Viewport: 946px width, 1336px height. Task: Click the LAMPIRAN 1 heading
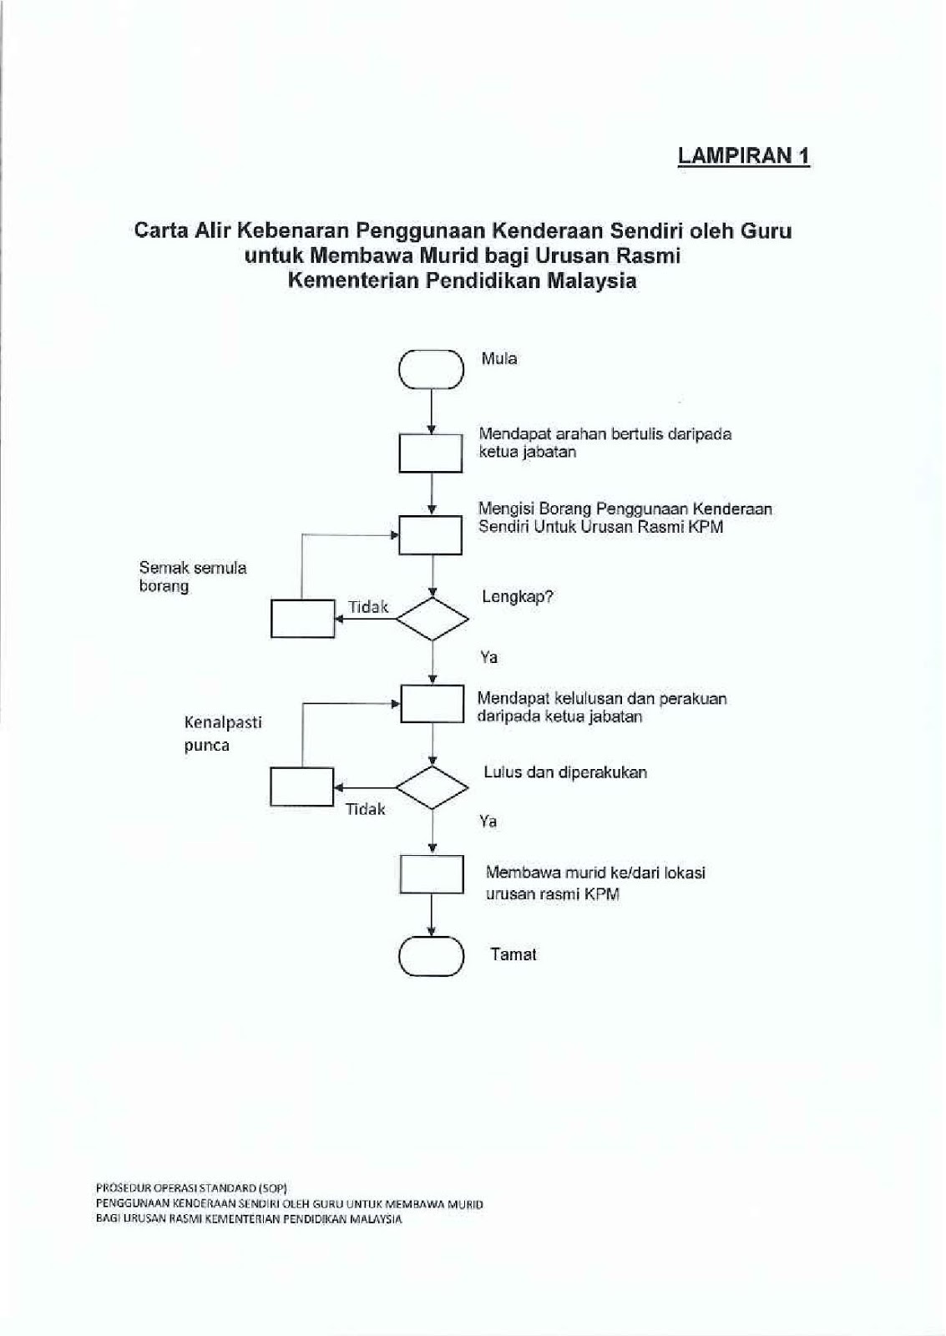[x=743, y=155]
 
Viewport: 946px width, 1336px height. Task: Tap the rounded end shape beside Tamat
[x=431, y=955]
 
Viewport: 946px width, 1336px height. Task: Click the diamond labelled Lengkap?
[x=432, y=619]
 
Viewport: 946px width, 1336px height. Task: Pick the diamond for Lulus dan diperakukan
[x=432, y=787]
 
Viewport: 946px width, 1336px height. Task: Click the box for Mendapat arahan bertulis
[x=431, y=453]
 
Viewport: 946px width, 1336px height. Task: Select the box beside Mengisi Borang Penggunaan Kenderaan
[x=431, y=534]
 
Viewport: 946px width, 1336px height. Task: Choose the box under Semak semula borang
[x=303, y=619]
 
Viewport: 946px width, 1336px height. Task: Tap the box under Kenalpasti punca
[x=302, y=787]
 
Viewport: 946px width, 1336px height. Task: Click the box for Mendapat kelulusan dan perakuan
[x=432, y=703]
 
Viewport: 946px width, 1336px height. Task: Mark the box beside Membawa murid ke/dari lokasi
[x=432, y=874]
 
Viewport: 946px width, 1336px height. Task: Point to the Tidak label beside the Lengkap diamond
[x=368, y=607]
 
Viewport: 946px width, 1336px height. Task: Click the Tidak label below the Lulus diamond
[x=366, y=809]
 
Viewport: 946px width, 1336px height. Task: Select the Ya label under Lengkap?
[x=489, y=657]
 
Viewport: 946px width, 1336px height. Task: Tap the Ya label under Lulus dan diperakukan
[x=488, y=822]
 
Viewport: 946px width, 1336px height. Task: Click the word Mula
[x=499, y=359]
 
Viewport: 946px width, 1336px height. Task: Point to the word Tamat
[x=513, y=954]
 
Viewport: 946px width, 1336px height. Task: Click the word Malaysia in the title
[x=592, y=281]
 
